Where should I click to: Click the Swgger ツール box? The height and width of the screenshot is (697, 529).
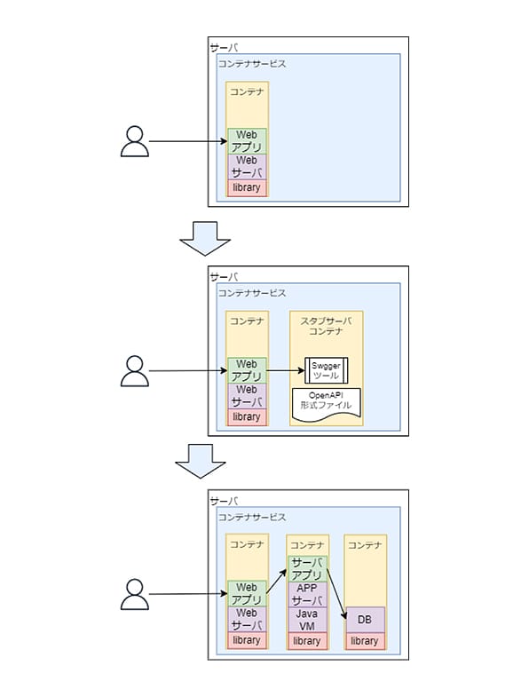(326, 370)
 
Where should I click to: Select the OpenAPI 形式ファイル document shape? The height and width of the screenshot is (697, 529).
(326, 405)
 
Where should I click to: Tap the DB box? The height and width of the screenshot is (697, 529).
(365, 620)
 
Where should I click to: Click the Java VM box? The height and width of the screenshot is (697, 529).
(307, 620)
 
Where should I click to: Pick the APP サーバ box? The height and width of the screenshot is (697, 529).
(307, 594)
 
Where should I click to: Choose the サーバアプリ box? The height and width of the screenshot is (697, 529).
(307, 569)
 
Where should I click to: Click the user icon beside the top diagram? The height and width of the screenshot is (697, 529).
(135, 141)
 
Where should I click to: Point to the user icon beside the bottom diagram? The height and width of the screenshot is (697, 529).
(135, 594)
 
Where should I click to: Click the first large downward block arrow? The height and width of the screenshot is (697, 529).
(205, 239)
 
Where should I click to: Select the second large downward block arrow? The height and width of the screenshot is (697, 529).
(201, 461)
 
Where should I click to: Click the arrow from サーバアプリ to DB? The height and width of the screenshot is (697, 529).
(336, 593)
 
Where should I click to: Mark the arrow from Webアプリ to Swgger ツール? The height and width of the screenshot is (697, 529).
(286, 370)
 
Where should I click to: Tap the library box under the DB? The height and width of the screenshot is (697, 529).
(365, 640)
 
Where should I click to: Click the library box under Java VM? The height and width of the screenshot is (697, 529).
(307, 640)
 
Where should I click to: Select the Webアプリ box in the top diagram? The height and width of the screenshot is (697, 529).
(247, 141)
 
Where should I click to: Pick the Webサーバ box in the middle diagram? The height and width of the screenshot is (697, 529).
(247, 396)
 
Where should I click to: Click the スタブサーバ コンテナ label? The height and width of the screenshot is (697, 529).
(326, 326)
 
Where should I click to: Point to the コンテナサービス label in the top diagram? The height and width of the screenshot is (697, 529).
(252, 64)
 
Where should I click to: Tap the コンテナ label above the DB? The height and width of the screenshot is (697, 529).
(365, 545)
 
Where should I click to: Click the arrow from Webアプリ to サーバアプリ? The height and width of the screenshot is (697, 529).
(277, 582)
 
